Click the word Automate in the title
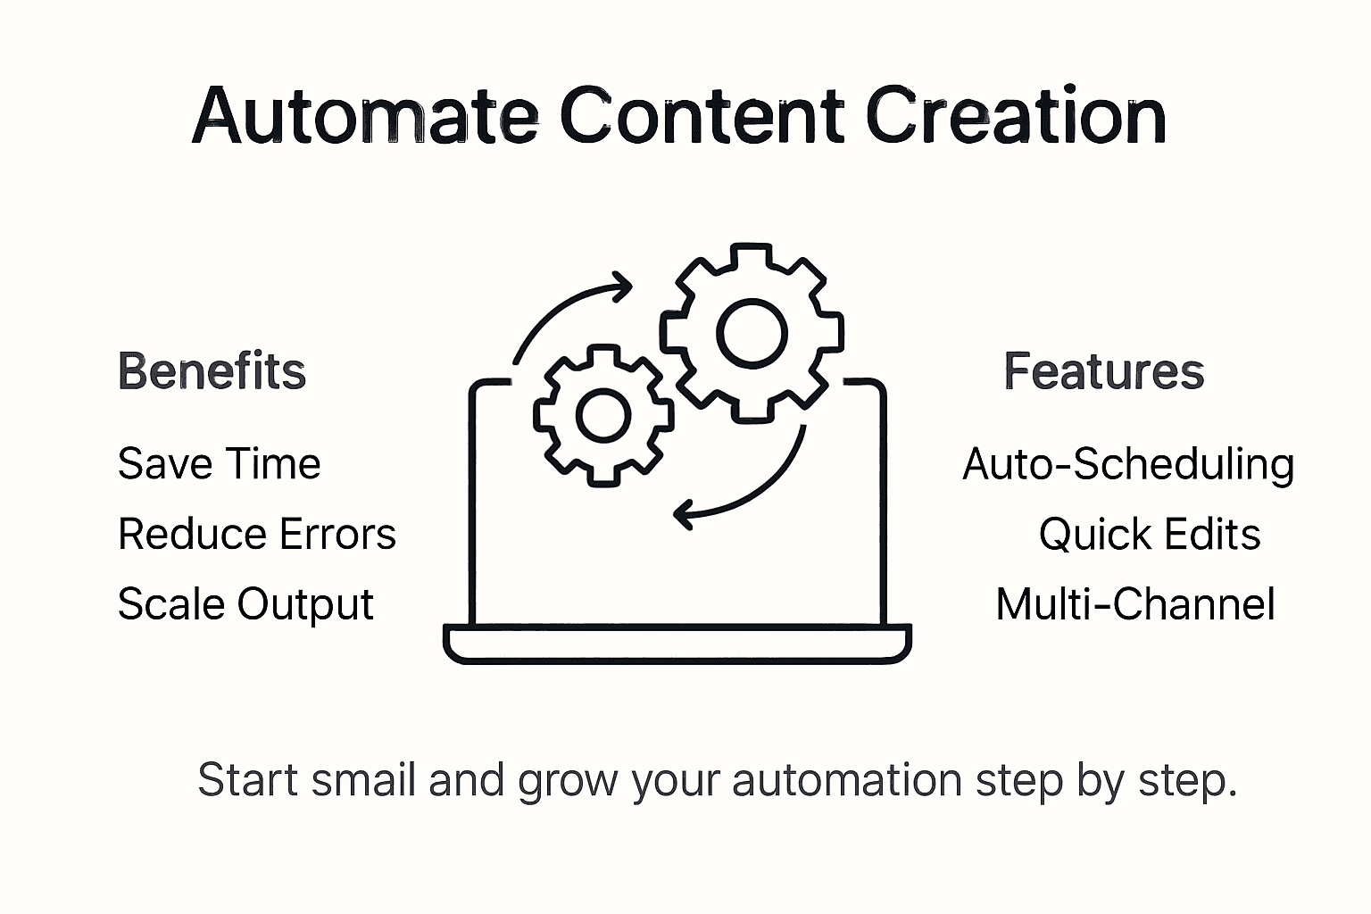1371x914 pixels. tap(364, 117)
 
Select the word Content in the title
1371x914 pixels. tap(702, 117)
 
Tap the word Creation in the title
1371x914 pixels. tap(1016, 117)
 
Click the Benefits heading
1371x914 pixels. tap(212, 371)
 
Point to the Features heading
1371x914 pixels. tap(1104, 371)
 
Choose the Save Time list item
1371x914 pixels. tap(219, 464)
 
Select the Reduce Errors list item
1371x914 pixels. tap(257, 535)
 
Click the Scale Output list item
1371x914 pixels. tap(245, 604)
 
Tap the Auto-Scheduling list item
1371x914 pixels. tap(1128, 464)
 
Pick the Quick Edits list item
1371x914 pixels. tap(1150, 535)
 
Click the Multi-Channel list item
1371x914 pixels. tap(1135, 604)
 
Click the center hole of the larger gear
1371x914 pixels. tap(753, 334)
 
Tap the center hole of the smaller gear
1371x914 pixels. tap(603, 415)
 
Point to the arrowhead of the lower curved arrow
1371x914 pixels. tap(685, 515)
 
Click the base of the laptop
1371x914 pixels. tap(677, 644)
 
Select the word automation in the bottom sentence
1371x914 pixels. tap(847, 780)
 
